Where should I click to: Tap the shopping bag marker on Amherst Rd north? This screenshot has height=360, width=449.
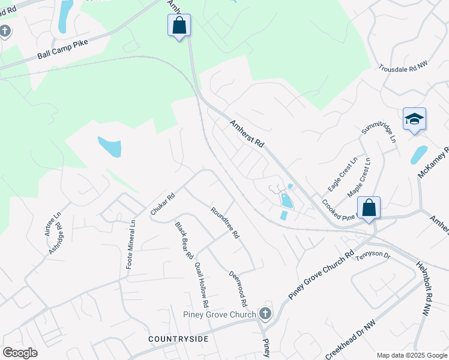pyautogui.click(x=179, y=26)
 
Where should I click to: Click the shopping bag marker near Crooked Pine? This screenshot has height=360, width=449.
pyautogui.click(x=369, y=208)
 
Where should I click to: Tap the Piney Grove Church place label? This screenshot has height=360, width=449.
pyautogui.click(x=220, y=314)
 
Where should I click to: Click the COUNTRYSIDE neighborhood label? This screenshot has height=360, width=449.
pyautogui.click(x=178, y=339)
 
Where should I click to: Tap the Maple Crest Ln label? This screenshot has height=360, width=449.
pyautogui.click(x=360, y=178)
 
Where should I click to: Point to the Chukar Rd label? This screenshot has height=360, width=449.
pyautogui.click(x=162, y=204)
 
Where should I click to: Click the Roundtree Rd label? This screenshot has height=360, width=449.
pyautogui.click(x=225, y=223)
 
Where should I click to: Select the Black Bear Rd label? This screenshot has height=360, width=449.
pyautogui.click(x=184, y=240)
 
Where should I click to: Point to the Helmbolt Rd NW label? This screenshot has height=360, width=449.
pyautogui.click(x=424, y=288)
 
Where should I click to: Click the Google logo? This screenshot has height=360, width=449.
pyautogui.click(x=20, y=353)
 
